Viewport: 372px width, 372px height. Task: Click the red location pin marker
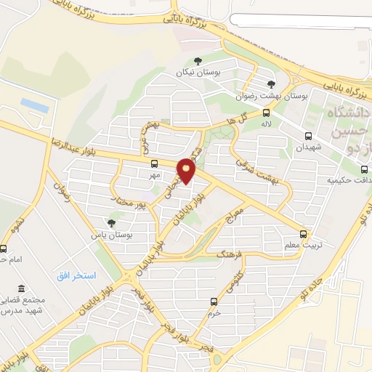(187, 171)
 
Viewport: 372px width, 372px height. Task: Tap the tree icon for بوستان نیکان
(198, 62)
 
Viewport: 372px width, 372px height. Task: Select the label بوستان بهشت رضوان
(272, 95)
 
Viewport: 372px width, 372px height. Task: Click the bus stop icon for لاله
(267, 112)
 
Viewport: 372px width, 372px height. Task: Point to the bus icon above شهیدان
(308, 135)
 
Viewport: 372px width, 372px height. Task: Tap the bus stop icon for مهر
(153, 163)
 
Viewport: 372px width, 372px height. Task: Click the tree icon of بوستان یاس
(110, 223)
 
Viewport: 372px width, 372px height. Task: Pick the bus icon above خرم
(213, 301)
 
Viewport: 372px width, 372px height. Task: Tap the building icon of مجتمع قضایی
(20, 288)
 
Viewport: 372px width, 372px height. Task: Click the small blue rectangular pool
(34, 106)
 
